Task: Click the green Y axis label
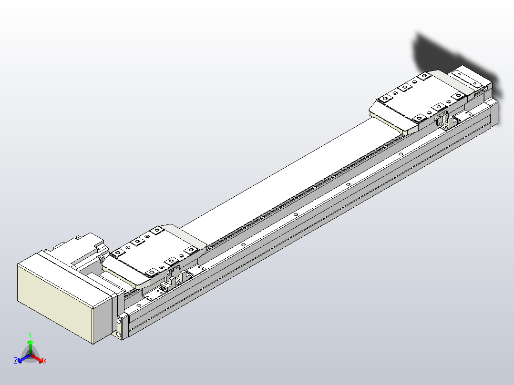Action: (30, 335)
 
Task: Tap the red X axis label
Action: (45, 361)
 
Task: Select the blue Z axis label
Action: (16, 361)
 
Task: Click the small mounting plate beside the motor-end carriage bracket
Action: (153, 294)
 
